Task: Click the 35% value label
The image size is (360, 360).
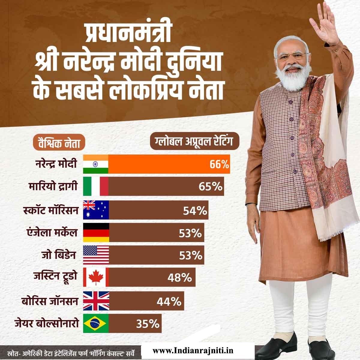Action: coord(147,324)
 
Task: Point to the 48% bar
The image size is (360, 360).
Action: coord(152,278)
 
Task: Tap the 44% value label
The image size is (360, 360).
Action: coord(169,301)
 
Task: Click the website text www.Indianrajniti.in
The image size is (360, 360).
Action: coord(193,350)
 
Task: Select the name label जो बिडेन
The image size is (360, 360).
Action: coord(59,255)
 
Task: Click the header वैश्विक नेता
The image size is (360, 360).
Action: coord(59,143)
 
